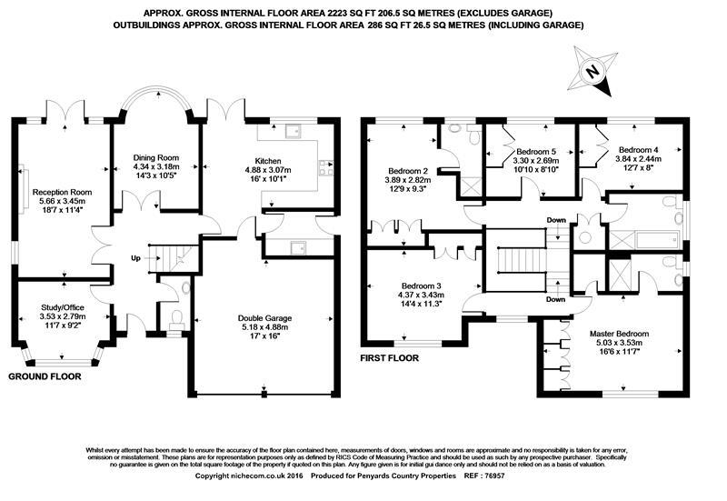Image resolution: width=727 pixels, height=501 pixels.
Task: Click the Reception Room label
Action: tap(64, 192)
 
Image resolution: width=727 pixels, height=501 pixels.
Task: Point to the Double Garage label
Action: tap(265, 318)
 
